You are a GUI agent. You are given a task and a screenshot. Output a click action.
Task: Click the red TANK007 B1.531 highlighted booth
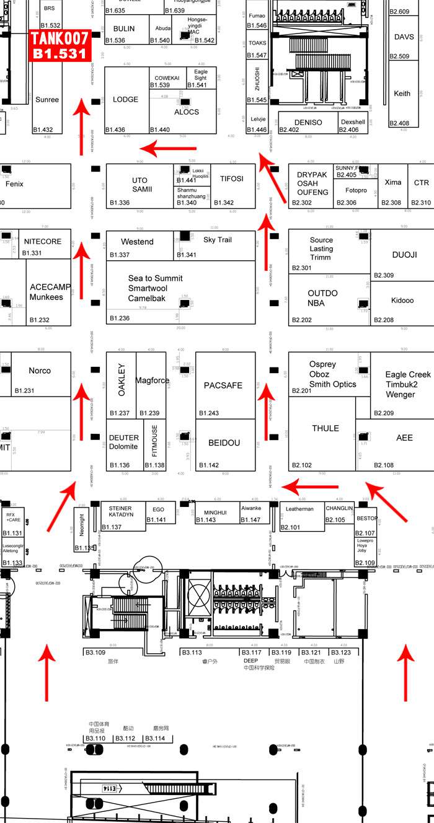(60, 45)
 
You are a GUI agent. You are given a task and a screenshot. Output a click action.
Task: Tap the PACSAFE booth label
(223, 385)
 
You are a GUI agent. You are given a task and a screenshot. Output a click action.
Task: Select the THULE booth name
(325, 428)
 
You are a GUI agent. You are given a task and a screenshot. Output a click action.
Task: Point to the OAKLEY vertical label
(122, 380)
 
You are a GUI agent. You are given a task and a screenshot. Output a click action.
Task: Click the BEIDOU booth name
(224, 443)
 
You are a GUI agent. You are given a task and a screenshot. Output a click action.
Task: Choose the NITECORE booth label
(43, 241)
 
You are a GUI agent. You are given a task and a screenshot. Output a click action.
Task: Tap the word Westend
(137, 242)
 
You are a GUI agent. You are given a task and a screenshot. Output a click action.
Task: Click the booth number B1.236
(120, 318)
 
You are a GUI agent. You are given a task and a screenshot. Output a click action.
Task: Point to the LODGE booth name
(126, 99)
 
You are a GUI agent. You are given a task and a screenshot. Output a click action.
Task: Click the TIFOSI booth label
(232, 178)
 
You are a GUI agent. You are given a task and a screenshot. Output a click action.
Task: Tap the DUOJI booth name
(405, 255)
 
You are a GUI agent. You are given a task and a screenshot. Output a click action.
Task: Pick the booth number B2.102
(302, 465)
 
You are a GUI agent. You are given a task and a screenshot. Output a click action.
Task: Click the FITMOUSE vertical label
(154, 441)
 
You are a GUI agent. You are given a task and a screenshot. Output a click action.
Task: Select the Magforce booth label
(153, 381)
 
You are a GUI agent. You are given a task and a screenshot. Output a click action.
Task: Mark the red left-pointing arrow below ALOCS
(169, 148)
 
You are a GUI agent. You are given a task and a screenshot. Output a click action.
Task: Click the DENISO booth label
(308, 122)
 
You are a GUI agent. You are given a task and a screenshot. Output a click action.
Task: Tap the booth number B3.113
(192, 653)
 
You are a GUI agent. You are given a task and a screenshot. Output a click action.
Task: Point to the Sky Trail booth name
(217, 239)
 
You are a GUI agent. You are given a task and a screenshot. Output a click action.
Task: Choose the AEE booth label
(404, 438)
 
